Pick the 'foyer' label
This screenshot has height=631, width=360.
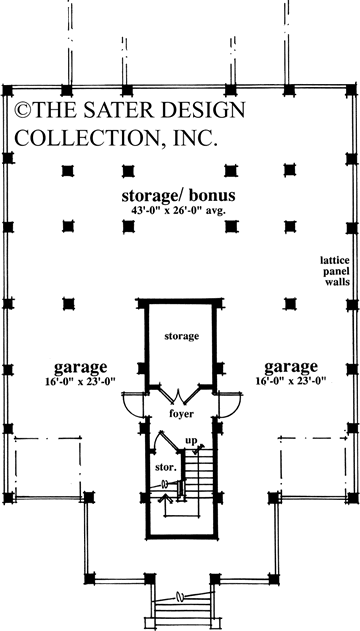pyautogui.click(x=181, y=412)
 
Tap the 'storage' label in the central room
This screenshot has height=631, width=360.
pyautogui.click(x=183, y=335)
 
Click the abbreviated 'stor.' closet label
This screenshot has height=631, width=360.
pyautogui.click(x=166, y=466)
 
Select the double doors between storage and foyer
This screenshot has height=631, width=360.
pyautogui.click(x=181, y=393)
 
